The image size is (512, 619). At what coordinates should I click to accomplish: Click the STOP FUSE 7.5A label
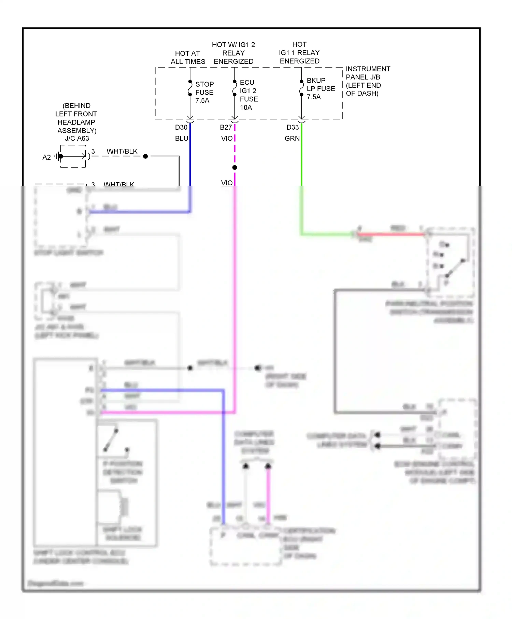(x=204, y=92)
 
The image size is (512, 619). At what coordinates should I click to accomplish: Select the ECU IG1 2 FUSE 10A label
(x=248, y=95)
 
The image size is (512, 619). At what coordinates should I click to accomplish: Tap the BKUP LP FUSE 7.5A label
(x=320, y=89)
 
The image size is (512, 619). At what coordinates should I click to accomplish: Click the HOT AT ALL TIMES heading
(x=188, y=57)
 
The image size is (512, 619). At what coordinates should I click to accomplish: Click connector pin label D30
(x=181, y=127)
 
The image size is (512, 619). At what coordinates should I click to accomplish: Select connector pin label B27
(x=226, y=127)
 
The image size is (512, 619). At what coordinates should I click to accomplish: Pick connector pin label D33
(x=293, y=127)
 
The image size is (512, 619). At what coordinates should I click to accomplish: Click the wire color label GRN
(x=292, y=138)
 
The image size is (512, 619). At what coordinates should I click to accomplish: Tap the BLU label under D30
(x=181, y=138)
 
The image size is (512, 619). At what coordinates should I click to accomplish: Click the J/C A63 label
(x=77, y=138)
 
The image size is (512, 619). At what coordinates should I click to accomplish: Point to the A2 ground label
(x=46, y=157)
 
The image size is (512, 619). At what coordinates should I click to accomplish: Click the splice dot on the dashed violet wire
(x=234, y=168)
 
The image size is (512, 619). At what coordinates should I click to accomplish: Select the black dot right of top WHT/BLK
(x=145, y=156)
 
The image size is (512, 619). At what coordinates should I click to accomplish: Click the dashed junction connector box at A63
(x=73, y=156)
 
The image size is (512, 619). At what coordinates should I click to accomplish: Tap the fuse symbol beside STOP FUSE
(x=190, y=88)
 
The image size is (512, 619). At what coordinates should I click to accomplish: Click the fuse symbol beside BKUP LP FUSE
(x=301, y=88)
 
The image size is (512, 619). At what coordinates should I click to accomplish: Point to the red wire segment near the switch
(x=391, y=234)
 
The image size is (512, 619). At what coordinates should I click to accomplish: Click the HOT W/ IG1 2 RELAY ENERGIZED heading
(x=233, y=53)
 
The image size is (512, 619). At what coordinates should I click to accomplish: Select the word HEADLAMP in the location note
(x=76, y=122)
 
